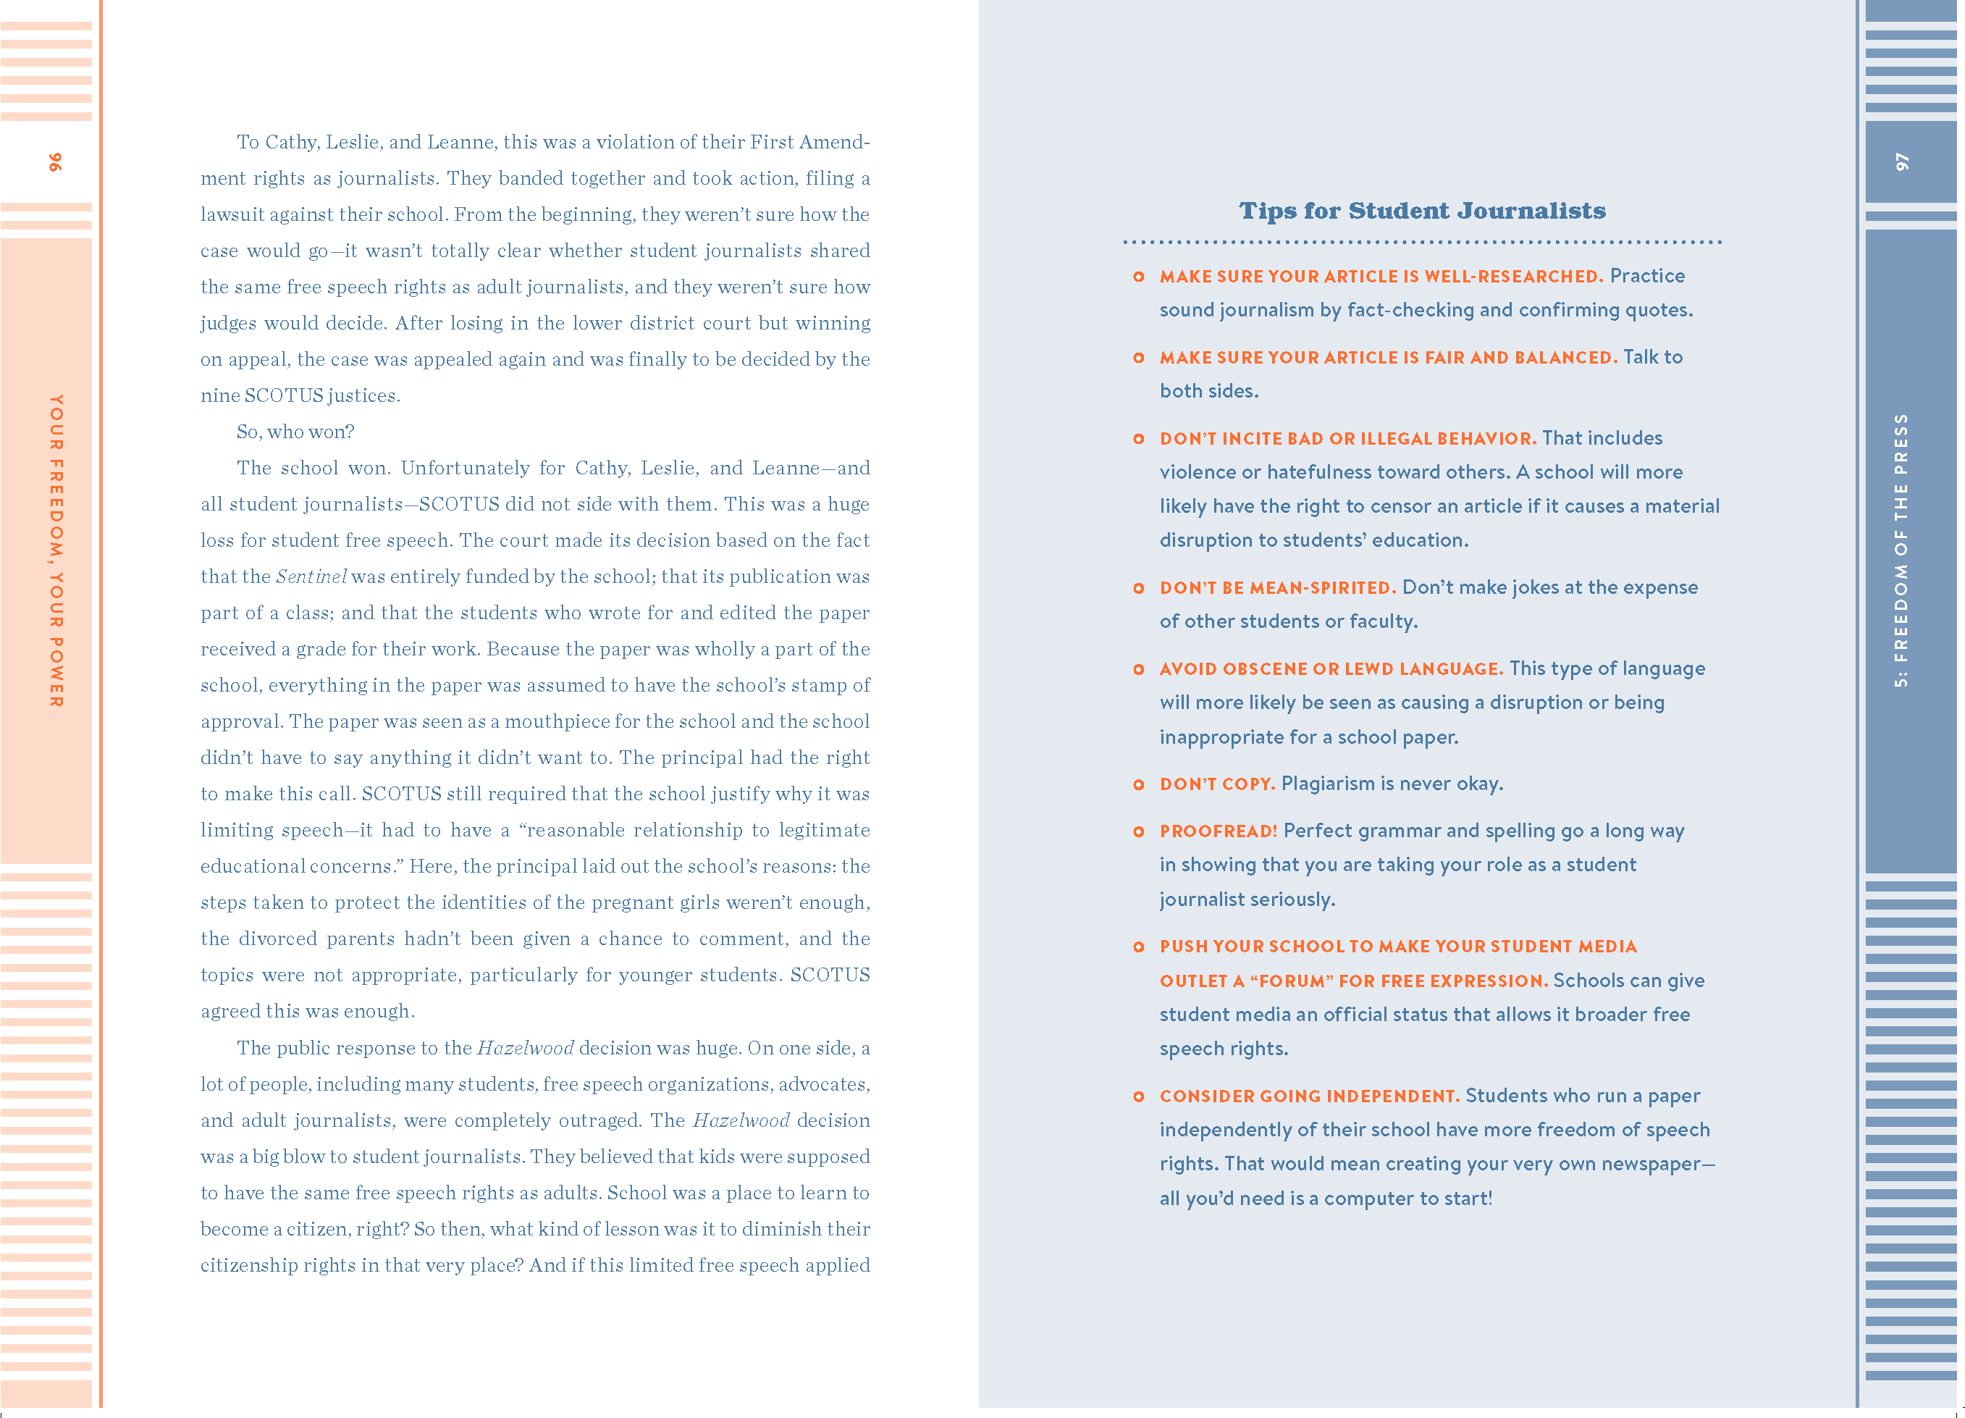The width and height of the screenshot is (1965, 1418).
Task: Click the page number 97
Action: (x=1902, y=162)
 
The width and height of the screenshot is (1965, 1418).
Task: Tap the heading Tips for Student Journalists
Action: (x=1422, y=211)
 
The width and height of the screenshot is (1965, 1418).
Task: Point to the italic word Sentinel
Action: (x=311, y=577)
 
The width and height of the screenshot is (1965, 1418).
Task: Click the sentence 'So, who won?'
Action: (x=295, y=432)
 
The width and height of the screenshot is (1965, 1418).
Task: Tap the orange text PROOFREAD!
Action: (x=1218, y=831)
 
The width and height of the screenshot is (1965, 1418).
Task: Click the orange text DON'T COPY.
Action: (x=1216, y=784)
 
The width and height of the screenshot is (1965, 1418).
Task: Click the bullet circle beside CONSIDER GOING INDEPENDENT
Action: (x=1138, y=1097)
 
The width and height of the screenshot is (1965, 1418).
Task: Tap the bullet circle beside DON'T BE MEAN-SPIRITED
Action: (x=1138, y=589)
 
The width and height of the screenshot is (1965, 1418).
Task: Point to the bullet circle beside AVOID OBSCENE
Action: (x=1138, y=670)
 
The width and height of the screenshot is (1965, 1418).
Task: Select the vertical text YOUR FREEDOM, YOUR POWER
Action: (x=56, y=550)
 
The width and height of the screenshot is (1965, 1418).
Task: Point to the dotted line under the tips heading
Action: (x=1422, y=243)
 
